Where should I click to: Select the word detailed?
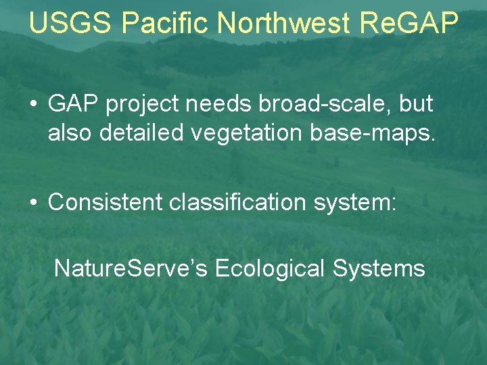point(141,133)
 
